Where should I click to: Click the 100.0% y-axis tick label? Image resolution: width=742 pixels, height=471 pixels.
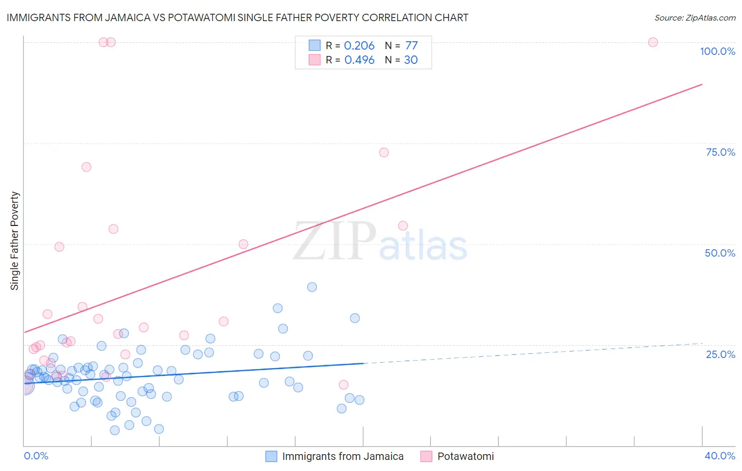tap(717, 51)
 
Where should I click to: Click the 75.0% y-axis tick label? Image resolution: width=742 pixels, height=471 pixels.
tap(720, 152)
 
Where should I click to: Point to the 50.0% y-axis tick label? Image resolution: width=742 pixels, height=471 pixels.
tap(720, 253)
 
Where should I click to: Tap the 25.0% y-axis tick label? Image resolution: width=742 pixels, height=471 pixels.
tap(720, 354)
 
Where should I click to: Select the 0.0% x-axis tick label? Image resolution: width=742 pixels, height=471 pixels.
tap(36, 456)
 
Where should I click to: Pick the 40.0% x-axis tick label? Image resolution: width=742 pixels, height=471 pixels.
tap(720, 456)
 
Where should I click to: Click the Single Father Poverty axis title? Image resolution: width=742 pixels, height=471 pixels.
tap(15, 241)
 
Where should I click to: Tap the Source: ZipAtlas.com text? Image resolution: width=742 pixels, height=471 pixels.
tap(695, 17)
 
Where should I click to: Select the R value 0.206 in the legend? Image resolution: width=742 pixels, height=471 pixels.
tap(359, 46)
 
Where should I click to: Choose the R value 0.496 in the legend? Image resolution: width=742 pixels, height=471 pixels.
tap(359, 60)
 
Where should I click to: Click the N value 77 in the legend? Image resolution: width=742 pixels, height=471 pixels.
tap(411, 46)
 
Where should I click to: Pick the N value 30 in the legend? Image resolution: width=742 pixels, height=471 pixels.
tap(411, 60)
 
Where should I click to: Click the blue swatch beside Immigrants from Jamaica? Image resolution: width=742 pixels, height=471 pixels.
tap(271, 456)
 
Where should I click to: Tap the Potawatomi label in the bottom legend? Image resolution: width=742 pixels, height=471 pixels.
tap(465, 456)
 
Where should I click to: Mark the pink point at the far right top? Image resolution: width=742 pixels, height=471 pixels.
tap(653, 42)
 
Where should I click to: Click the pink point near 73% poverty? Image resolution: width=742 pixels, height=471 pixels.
tap(384, 153)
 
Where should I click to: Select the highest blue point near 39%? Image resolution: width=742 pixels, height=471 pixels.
tap(312, 287)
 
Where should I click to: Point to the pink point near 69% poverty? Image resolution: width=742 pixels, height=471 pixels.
tap(86, 167)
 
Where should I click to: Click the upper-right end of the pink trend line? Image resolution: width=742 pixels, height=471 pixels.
tap(702, 84)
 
